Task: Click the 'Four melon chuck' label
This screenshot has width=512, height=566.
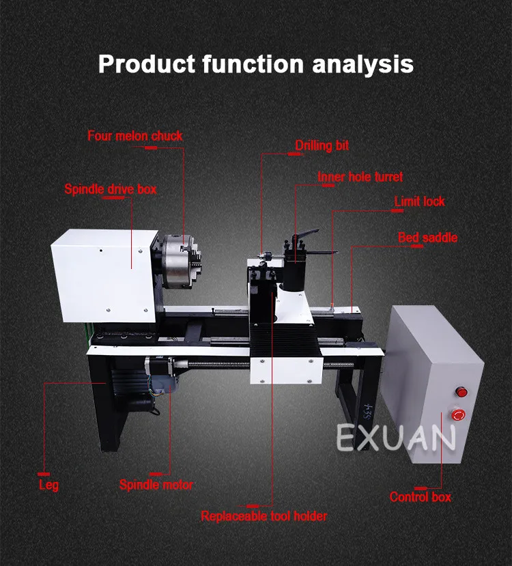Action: (x=135, y=136)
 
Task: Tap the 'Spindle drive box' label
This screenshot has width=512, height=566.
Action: (x=111, y=189)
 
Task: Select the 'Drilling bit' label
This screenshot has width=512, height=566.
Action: (x=322, y=145)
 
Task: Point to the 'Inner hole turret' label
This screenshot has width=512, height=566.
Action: (x=360, y=177)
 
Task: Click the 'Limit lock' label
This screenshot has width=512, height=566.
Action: (x=419, y=201)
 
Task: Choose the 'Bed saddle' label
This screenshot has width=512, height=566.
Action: (x=427, y=238)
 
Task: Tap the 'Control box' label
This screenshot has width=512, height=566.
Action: (x=421, y=497)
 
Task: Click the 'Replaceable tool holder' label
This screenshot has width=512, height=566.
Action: (x=264, y=516)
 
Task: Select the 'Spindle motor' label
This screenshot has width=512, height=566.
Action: (x=156, y=485)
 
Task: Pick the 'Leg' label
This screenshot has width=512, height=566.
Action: (x=48, y=485)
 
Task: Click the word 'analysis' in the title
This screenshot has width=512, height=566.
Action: (x=362, y=64)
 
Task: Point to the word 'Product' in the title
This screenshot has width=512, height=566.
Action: (x=147, y=64)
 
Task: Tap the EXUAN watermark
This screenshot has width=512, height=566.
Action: (x=396, y=438)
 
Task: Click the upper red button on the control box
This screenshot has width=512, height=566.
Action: (x=461, y=391)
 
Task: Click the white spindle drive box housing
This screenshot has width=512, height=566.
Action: (x=104, y=275)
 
